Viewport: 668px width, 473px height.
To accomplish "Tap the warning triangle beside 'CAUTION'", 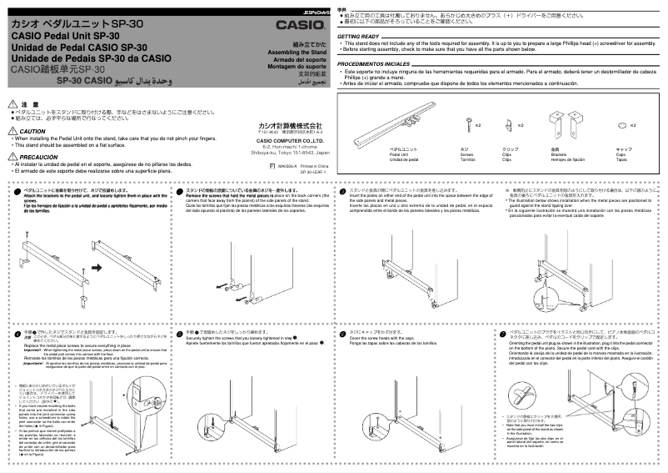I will [x=12, y=131].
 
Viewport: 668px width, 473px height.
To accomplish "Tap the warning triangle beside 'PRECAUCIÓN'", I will [x=12, y=157].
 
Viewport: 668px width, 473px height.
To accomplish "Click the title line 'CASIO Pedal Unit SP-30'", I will [x=65, y=36].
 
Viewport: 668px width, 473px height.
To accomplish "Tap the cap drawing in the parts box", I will [x=621, y=124].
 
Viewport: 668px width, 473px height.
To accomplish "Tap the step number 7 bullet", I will [x=503, y=332].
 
